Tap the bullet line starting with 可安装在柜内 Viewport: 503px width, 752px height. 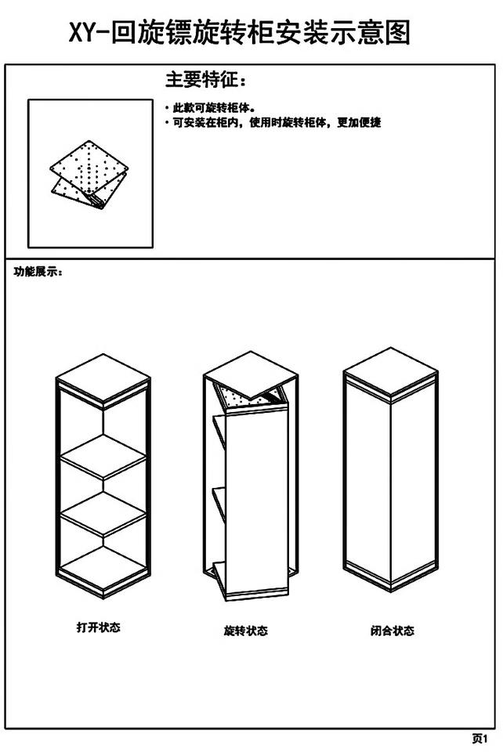(275, 123)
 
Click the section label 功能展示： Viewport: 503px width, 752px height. (38, 272)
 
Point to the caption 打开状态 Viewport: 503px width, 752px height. (98, 627)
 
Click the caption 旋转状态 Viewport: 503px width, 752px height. (245, 630)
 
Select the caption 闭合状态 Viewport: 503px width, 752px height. (392, 630)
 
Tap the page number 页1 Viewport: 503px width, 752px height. (479, 738)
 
